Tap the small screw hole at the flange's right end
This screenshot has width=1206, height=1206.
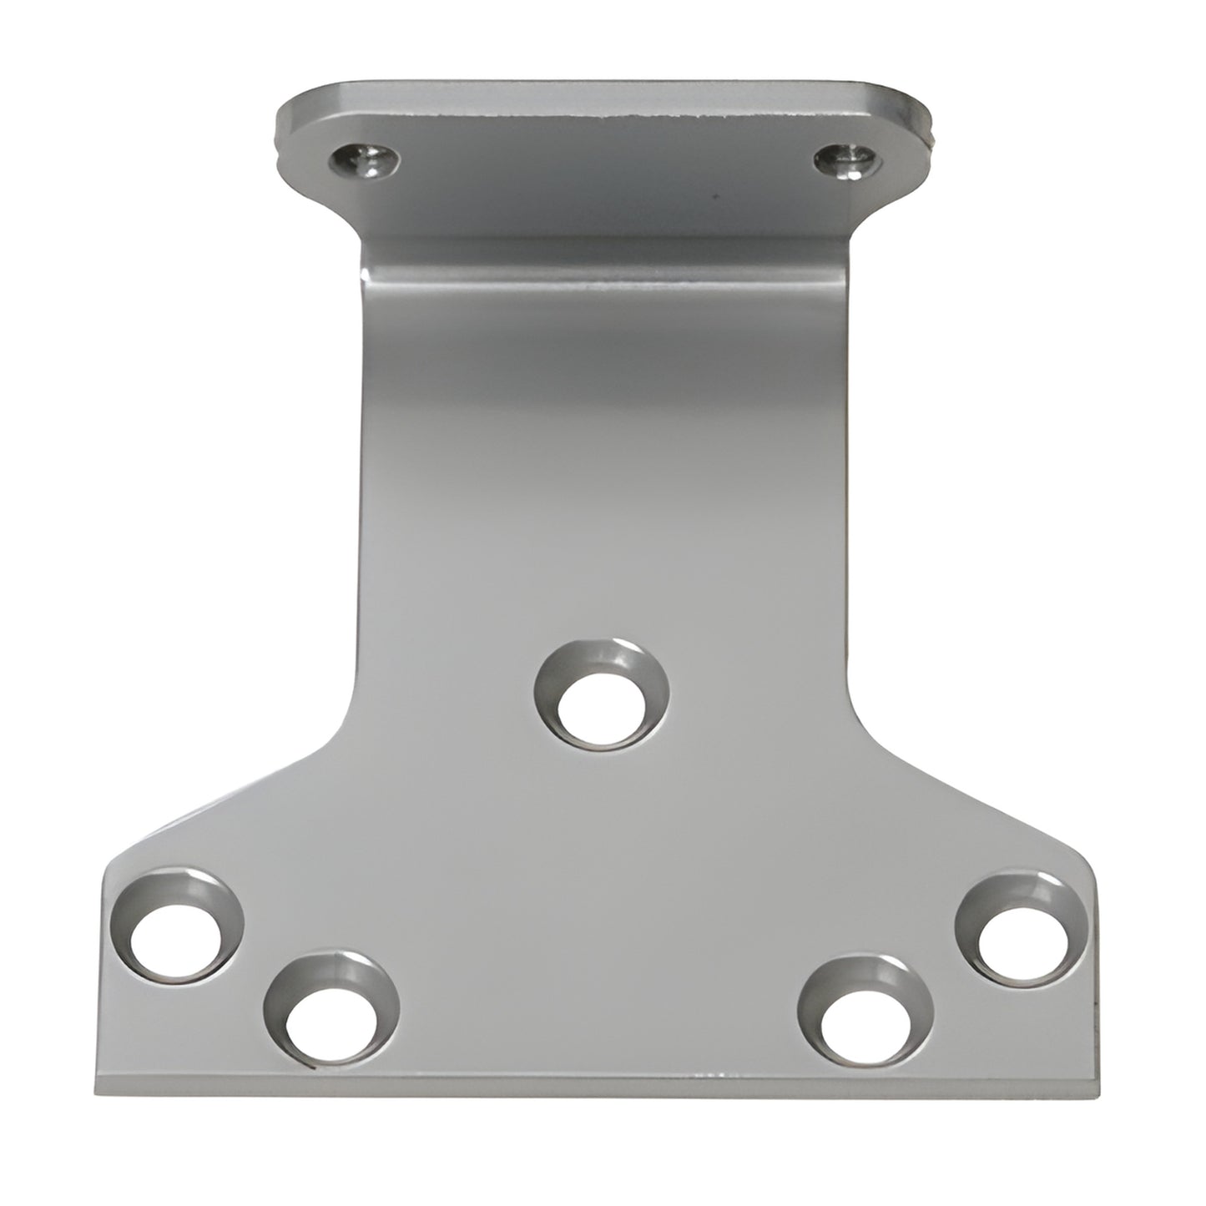coord(845,157)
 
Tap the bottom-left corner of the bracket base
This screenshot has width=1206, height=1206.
coord(93,1089)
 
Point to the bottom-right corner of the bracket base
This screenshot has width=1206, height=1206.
coord(1106,1089)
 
